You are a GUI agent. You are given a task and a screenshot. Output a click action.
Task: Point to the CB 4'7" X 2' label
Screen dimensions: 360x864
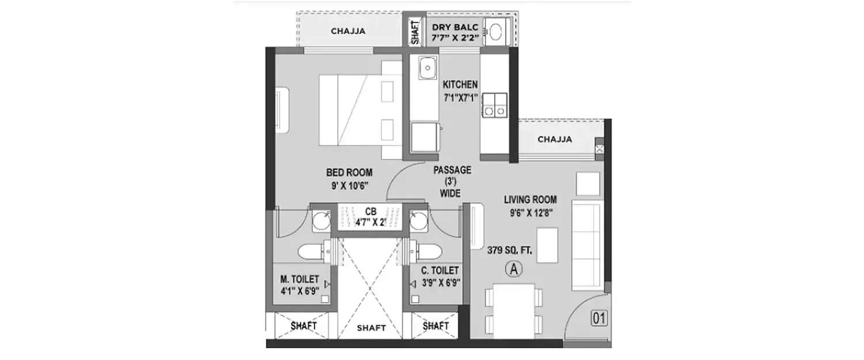click(x=370, y=216)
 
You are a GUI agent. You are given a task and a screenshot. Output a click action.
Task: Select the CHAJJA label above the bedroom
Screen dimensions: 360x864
click(x=348, y=32)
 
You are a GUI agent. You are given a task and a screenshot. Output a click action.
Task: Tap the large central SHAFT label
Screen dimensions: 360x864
click(x=371, y=328)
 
